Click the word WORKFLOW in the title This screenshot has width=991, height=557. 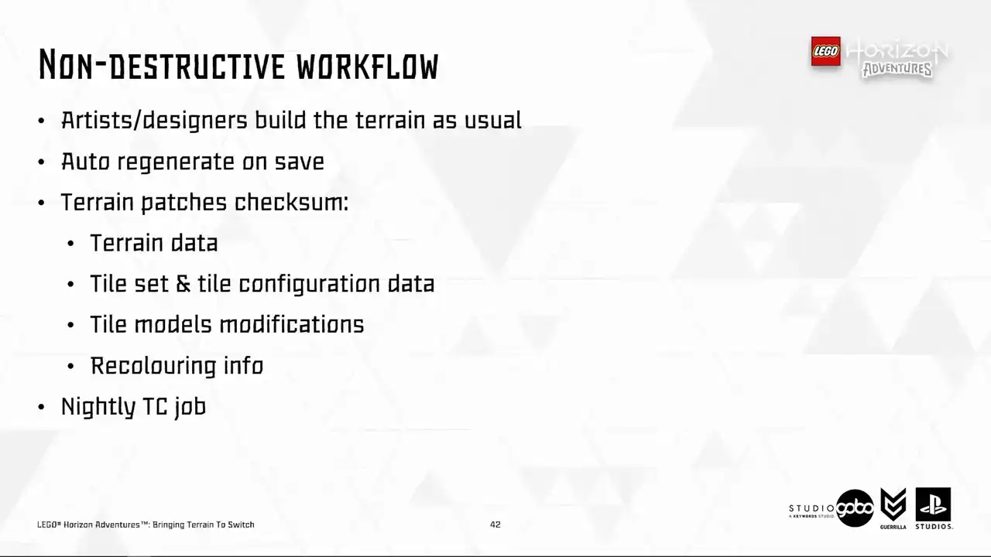click(x=367, y=67)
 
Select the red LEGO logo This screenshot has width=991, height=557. click(x=825, y=51)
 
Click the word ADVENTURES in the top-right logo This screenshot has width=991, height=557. click(x=897, y=70)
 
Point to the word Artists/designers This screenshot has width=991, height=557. click(x=154, y=121)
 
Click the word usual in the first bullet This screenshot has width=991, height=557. click(x=493, y=120)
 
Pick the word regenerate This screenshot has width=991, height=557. click(x=176, y=162)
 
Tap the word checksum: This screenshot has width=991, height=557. click(x=291, y=202)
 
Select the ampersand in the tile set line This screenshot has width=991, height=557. click(x=183, y=284)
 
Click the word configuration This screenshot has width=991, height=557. click(x=309, y=284)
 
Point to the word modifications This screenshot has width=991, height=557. click(x=292, y=324)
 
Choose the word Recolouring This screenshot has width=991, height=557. click(x=153, y=367)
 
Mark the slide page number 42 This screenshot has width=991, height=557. click(x=495, y=525)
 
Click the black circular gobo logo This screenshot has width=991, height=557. click(x=855, y=508)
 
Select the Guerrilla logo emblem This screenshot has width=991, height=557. click(x=893, y=505)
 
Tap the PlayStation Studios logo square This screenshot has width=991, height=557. click(x=933, y=505)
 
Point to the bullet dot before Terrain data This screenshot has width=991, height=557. click(x=70, y=244)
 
